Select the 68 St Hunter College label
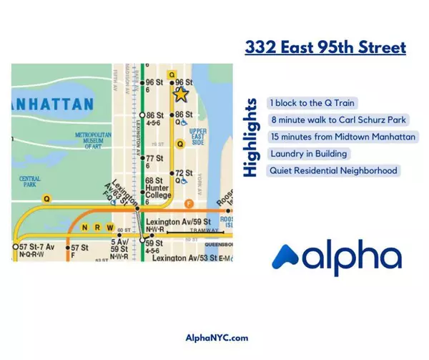[x=157, y=188]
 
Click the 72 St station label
[x=184, y=173]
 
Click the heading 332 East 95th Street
[x=325, y=48]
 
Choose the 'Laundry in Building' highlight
[x=309, y=153]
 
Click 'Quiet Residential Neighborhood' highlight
[x=332, y=170]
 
